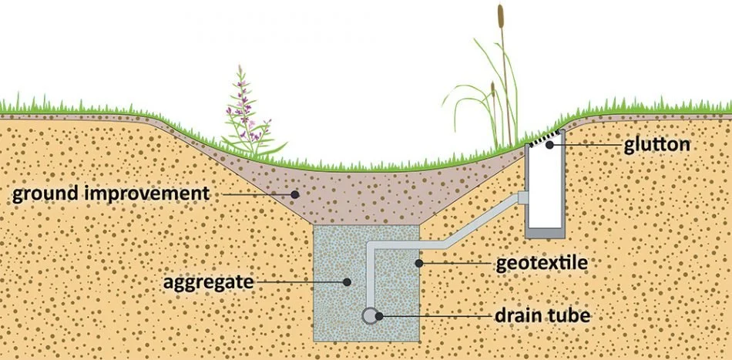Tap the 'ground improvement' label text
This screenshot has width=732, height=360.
click(x=110, y=193)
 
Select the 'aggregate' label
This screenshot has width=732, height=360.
click(x=207, y=282)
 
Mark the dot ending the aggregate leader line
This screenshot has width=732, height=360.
click(x=348, y=282)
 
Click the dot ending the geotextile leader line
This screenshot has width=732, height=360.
click(x=418, y=264)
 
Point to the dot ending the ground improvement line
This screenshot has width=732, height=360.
click(x=293, y=193)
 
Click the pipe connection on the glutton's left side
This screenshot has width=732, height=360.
click(x=522, y=198)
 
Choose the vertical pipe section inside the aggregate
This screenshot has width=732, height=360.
click(x=370, y=278)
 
